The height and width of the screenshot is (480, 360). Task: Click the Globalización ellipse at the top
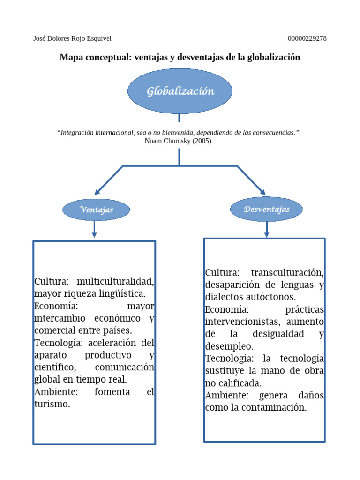click(x=180, y=91)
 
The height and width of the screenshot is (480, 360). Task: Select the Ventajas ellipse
click(x=96, y=210)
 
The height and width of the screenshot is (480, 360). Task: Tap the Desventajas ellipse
click(x=266, y=209)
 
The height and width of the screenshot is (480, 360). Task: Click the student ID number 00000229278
click(x=307, y=38)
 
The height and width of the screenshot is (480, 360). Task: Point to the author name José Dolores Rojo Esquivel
click(x=73, y=38)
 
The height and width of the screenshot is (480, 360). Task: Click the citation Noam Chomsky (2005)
click(x=178, y=141)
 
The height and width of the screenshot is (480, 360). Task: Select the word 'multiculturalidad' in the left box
click(x=115, y=282)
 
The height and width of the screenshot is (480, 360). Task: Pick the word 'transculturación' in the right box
click(x=287, y=273)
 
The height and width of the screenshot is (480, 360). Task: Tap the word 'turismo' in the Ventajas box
click(x=52, y=404)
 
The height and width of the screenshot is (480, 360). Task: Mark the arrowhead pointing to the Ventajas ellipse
click(x=97, y=192)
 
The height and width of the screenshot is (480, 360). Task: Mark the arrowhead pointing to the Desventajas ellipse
click(x=262, y=192)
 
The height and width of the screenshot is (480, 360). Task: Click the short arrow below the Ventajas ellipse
click(x=94, y=230)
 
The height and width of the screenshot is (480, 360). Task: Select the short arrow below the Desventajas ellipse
click(x=266, y=229)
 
